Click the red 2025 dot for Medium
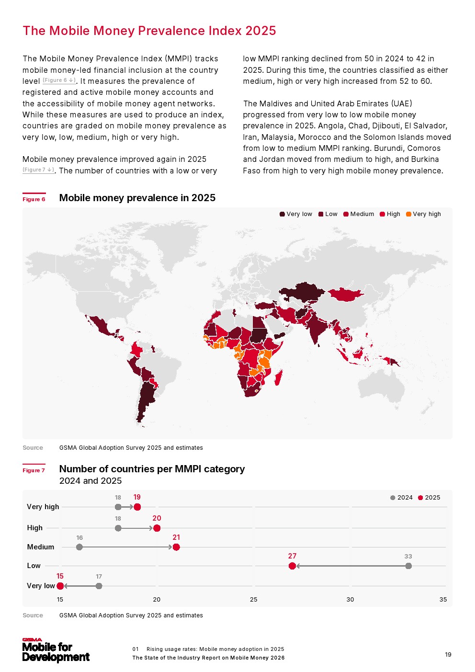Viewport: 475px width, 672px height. [176, 547]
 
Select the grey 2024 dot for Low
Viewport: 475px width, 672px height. [408, 566]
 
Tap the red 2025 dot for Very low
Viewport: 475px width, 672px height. [60, 586]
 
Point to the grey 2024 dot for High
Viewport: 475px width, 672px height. [118, 528]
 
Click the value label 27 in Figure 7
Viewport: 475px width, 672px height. [292, 556]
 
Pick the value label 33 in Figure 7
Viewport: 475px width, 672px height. [408, 557]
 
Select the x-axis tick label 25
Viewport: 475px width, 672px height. [253, 600]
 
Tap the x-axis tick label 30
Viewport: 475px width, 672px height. [350, 600]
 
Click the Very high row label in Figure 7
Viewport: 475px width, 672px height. [43, 507]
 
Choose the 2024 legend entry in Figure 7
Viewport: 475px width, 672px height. [401, 498]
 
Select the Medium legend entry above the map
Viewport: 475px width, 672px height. [359, 214]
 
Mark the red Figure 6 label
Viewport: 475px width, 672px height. [34, 199]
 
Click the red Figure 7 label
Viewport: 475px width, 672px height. [34, 470]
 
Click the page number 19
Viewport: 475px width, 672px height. [448, 655]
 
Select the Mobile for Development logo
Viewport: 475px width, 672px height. [56, 651]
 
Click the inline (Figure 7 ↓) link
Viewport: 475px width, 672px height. [38, 170]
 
